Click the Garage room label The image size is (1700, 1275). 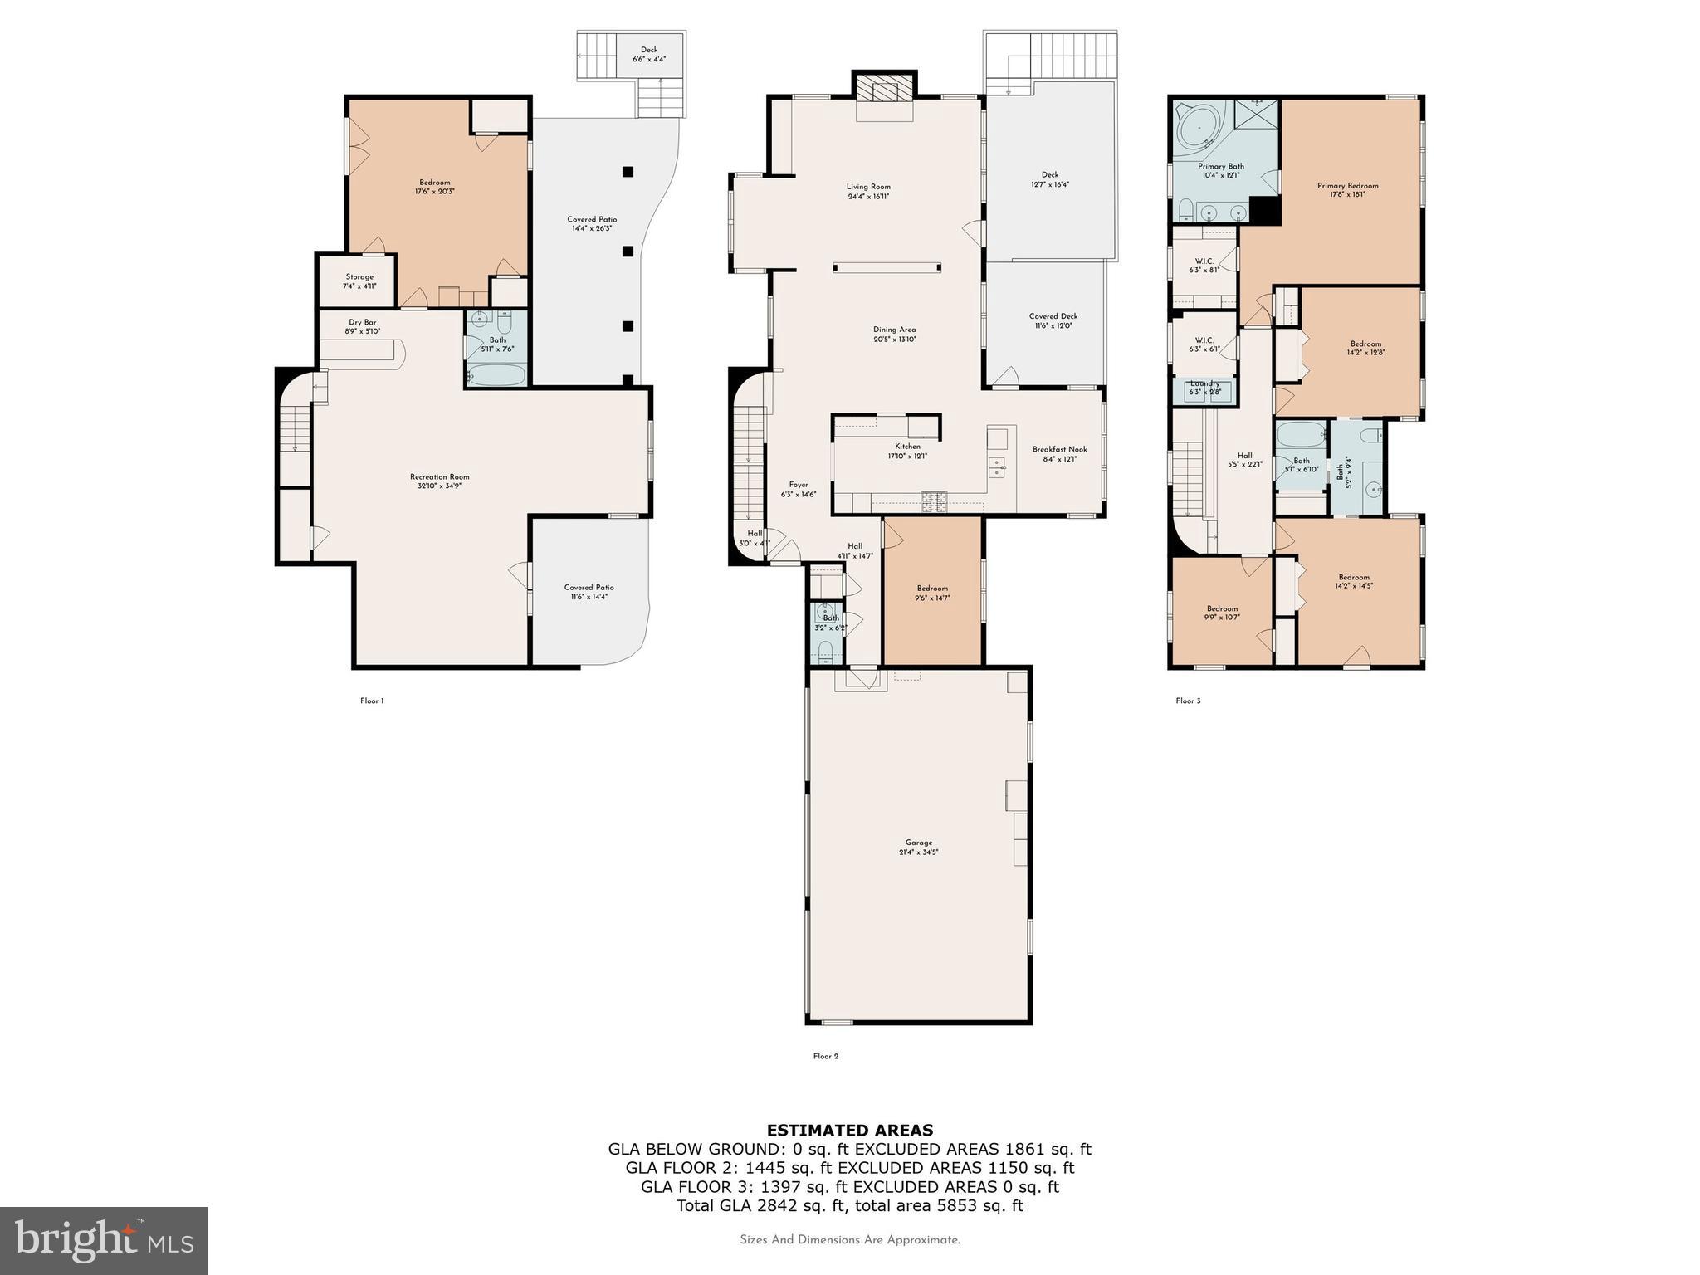918,847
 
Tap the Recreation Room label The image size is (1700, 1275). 439,481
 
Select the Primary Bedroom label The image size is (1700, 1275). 1347,189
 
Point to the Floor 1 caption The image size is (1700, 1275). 371,701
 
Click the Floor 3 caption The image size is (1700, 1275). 1188,701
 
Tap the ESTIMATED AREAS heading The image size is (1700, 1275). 849,1130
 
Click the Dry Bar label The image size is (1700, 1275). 362,326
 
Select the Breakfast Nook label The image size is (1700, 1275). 1059,453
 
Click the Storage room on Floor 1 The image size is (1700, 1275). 359,281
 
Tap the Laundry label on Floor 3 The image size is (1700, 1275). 1204,387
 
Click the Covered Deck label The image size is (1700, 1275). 1053,320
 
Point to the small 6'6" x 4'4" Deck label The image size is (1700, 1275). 649,54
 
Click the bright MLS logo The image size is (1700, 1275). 104,1240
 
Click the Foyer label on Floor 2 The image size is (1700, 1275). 798,489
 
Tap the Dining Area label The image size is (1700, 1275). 894,334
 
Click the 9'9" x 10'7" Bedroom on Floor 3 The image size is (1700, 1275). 1222,613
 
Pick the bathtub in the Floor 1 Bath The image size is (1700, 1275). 496,376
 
